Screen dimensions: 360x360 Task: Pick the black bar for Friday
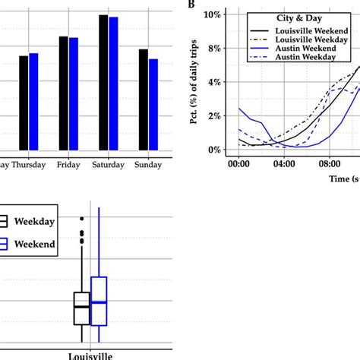[x=64, y=94]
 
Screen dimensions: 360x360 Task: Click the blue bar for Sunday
[x=153, y=106]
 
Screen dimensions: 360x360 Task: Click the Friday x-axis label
[x=69, y=165]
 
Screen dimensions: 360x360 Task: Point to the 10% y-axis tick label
[x=210, y=14]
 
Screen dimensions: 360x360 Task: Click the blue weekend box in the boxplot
[x=99, y=302]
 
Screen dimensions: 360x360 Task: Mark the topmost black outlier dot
[x=82, y=219]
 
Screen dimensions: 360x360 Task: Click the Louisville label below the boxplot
[x=88, y=355]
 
